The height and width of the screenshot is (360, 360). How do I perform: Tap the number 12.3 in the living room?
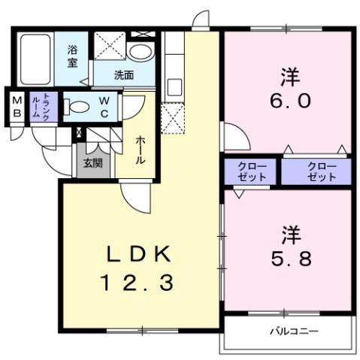click(x=139, y=283)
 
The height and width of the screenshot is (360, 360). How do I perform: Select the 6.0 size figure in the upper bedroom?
click(x=286, y=99)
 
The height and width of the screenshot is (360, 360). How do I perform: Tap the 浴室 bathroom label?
click(x=73, y=56)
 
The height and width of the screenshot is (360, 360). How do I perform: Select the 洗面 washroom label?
click(x=124, y=75)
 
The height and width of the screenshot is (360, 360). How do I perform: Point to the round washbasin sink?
click(x=139, y=52)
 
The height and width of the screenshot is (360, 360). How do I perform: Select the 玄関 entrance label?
click(x=92, y=163)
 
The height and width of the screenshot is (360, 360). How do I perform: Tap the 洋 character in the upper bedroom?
click(x=286, y=75)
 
